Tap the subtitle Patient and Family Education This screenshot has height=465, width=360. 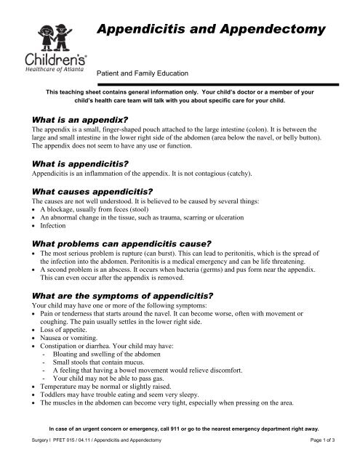point(143,73)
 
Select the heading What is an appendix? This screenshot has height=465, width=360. point(71,116)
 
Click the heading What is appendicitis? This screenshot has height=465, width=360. point(71,164)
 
